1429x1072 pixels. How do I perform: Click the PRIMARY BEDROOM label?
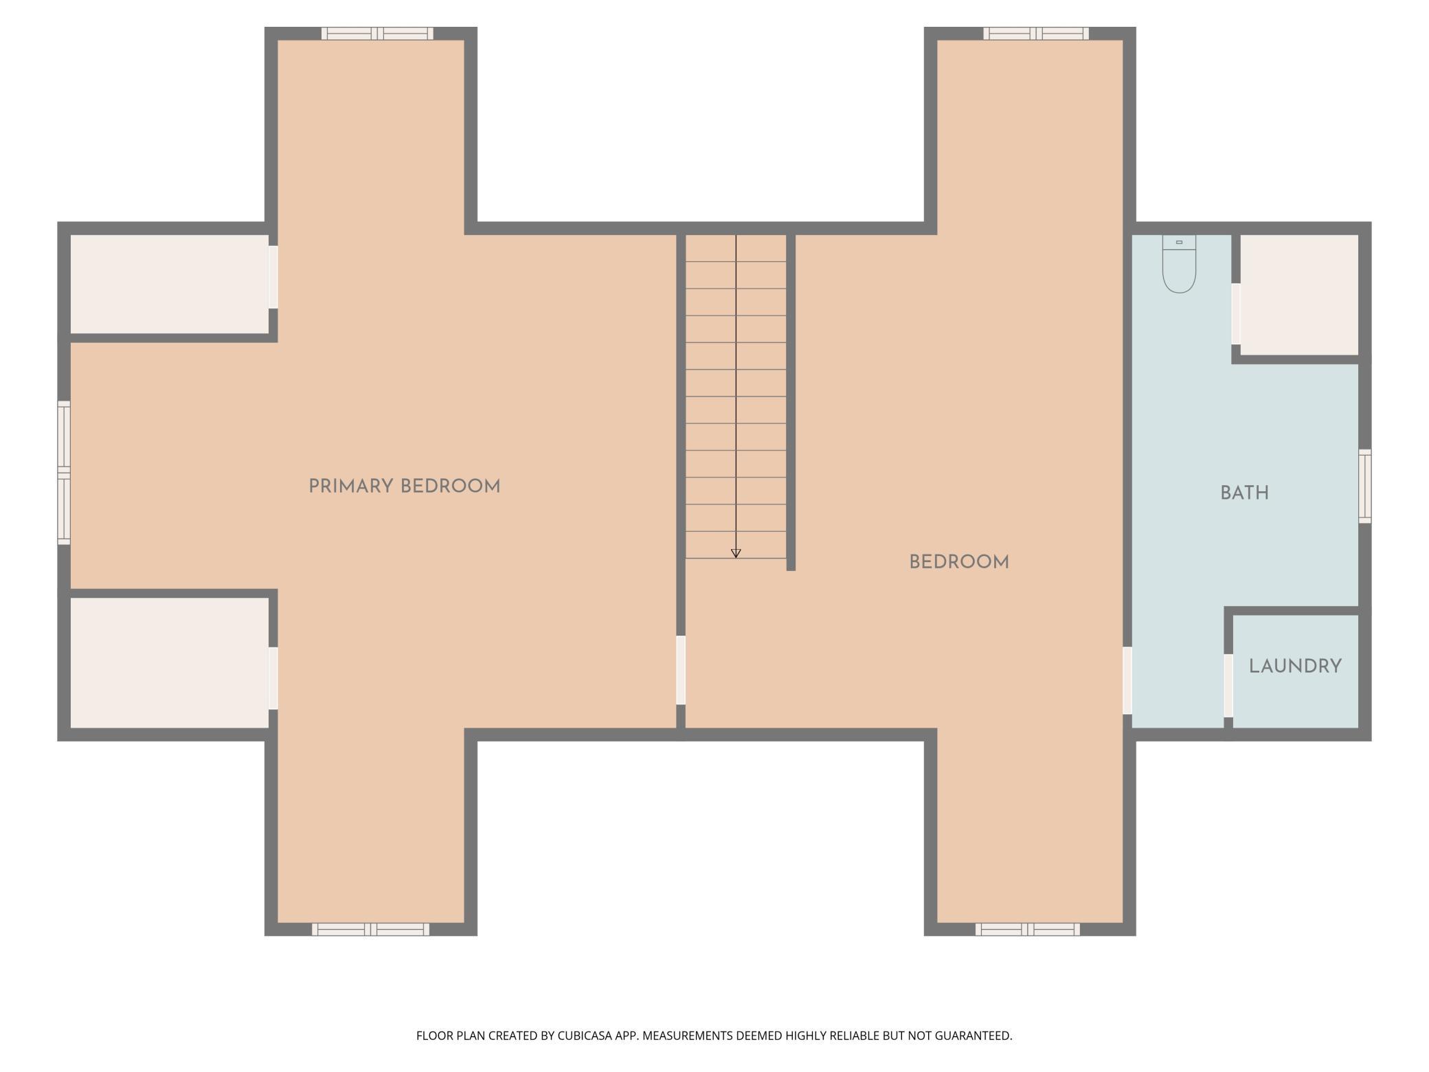pyautogui.click(x=404, y=487)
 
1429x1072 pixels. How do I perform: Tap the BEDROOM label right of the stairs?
pyautogui.click(x=958, y=562)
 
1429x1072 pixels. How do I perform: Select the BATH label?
pyautogui.click(x=1244, y=493)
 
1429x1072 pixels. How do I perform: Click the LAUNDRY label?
pyautogui.click(x=1295, y=667)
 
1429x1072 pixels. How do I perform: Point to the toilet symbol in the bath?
pyautogui.click(x=1179, y=265)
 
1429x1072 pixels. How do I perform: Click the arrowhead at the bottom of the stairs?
pyautogui.click(x=736, y=553)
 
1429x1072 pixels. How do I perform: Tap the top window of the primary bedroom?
pyautogui.click(x=377, y=34)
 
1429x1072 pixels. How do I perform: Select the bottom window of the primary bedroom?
pyautogui.click(x=371, y=929)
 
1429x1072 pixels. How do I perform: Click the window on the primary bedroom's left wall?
pyautogui.click(x=64, y=473)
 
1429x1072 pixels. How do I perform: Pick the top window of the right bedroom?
pyautogui.click(x=1035, y=34)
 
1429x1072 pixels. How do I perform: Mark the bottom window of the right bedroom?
pyautogui.click(x=1027, y=929)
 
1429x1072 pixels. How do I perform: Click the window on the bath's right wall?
pyautogui.click(x=1365, y=486)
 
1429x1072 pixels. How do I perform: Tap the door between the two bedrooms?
pyautogui.click(x=681, y=670)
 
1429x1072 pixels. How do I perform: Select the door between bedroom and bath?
pyautogui.click(x=1127, y=680)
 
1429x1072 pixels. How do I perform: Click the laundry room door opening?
pyautogui.click(x=1228, y=686)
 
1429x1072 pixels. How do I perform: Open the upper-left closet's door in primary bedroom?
pyautogui.click(x=273, y=277)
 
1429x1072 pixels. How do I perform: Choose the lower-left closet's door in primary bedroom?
pyautogui.click(x=273, y=678)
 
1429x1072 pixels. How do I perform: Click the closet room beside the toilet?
pyautogui.click(x=1298, y=294)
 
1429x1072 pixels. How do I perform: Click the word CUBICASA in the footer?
pyautogui.click(x=584, y=1036)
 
